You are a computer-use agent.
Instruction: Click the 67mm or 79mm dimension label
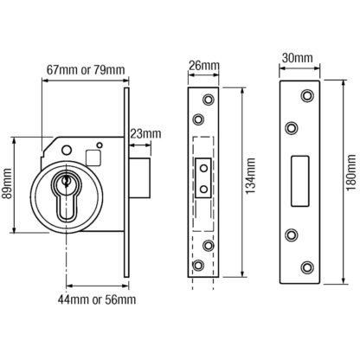(86, 70)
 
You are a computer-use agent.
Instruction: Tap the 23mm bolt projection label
(145, 134)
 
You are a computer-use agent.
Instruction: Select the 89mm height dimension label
(7, 184)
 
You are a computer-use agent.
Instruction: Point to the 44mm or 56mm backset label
(97, 299)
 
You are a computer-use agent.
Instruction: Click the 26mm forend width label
(203, 66)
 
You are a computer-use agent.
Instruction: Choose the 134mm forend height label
(251, 176)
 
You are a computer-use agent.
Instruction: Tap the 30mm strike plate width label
(297, 58)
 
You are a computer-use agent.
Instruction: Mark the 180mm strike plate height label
(351, 173)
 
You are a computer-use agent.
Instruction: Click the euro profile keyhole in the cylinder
(67, 196)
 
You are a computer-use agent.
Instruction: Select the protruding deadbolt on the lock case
(139, 178)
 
